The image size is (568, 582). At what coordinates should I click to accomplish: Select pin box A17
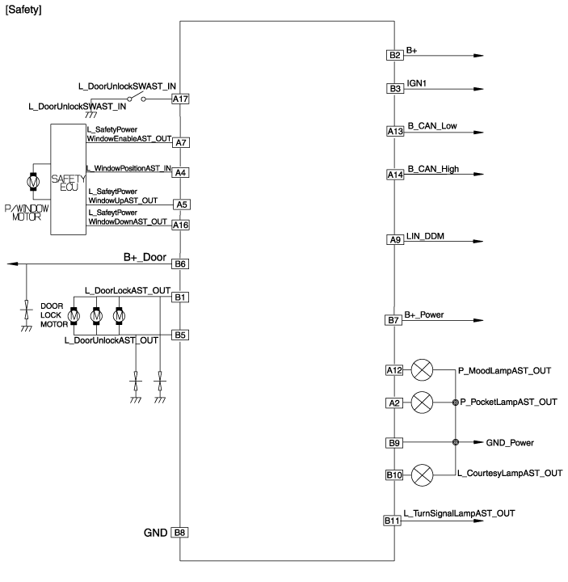[x=180, y=99]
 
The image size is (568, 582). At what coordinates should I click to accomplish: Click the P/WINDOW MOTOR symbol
[x=34, y=183]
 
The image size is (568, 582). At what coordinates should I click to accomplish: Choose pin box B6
[x=180, y=264]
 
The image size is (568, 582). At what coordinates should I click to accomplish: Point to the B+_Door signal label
[x=144, y=257]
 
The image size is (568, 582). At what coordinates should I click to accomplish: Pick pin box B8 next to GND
[x=180, y=533]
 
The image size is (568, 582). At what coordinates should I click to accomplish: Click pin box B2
[x=394, y=55]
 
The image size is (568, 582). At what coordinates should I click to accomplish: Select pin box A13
[x=394, y=131]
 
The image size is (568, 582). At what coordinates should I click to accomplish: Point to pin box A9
[x=394, y=240]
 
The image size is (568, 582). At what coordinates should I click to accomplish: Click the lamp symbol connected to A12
[x=422, y=370]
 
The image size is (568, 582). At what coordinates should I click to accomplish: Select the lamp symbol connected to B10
[x=422, y=474]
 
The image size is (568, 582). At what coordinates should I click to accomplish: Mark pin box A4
[x=180, y=172]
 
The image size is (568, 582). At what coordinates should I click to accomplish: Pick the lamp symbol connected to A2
[x=422, y=402]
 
